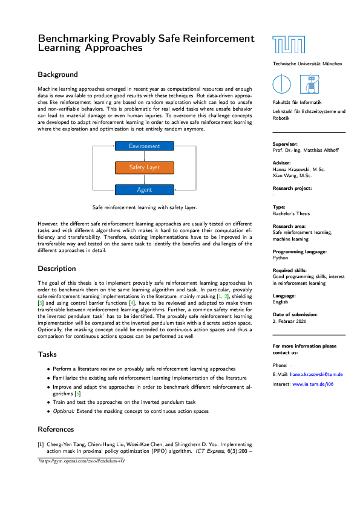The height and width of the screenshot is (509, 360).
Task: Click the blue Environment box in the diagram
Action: coord(144,146)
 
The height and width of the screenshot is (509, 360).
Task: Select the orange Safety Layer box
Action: coord(144,167)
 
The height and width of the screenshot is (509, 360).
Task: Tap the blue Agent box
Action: coord(144,190)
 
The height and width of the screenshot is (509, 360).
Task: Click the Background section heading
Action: coord(57,74)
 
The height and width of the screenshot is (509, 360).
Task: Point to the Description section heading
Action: coord(57,268)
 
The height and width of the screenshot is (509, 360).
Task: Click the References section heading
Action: coord(56,429)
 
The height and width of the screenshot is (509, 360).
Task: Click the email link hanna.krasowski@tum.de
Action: coord(316,375)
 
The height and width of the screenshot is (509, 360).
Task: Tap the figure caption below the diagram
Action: coord(144,207)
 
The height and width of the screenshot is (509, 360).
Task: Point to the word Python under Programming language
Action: coord(281,257)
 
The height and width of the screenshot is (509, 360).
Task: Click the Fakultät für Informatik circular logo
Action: coord(282,84)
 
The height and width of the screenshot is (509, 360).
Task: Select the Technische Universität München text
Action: coord(307,63)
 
